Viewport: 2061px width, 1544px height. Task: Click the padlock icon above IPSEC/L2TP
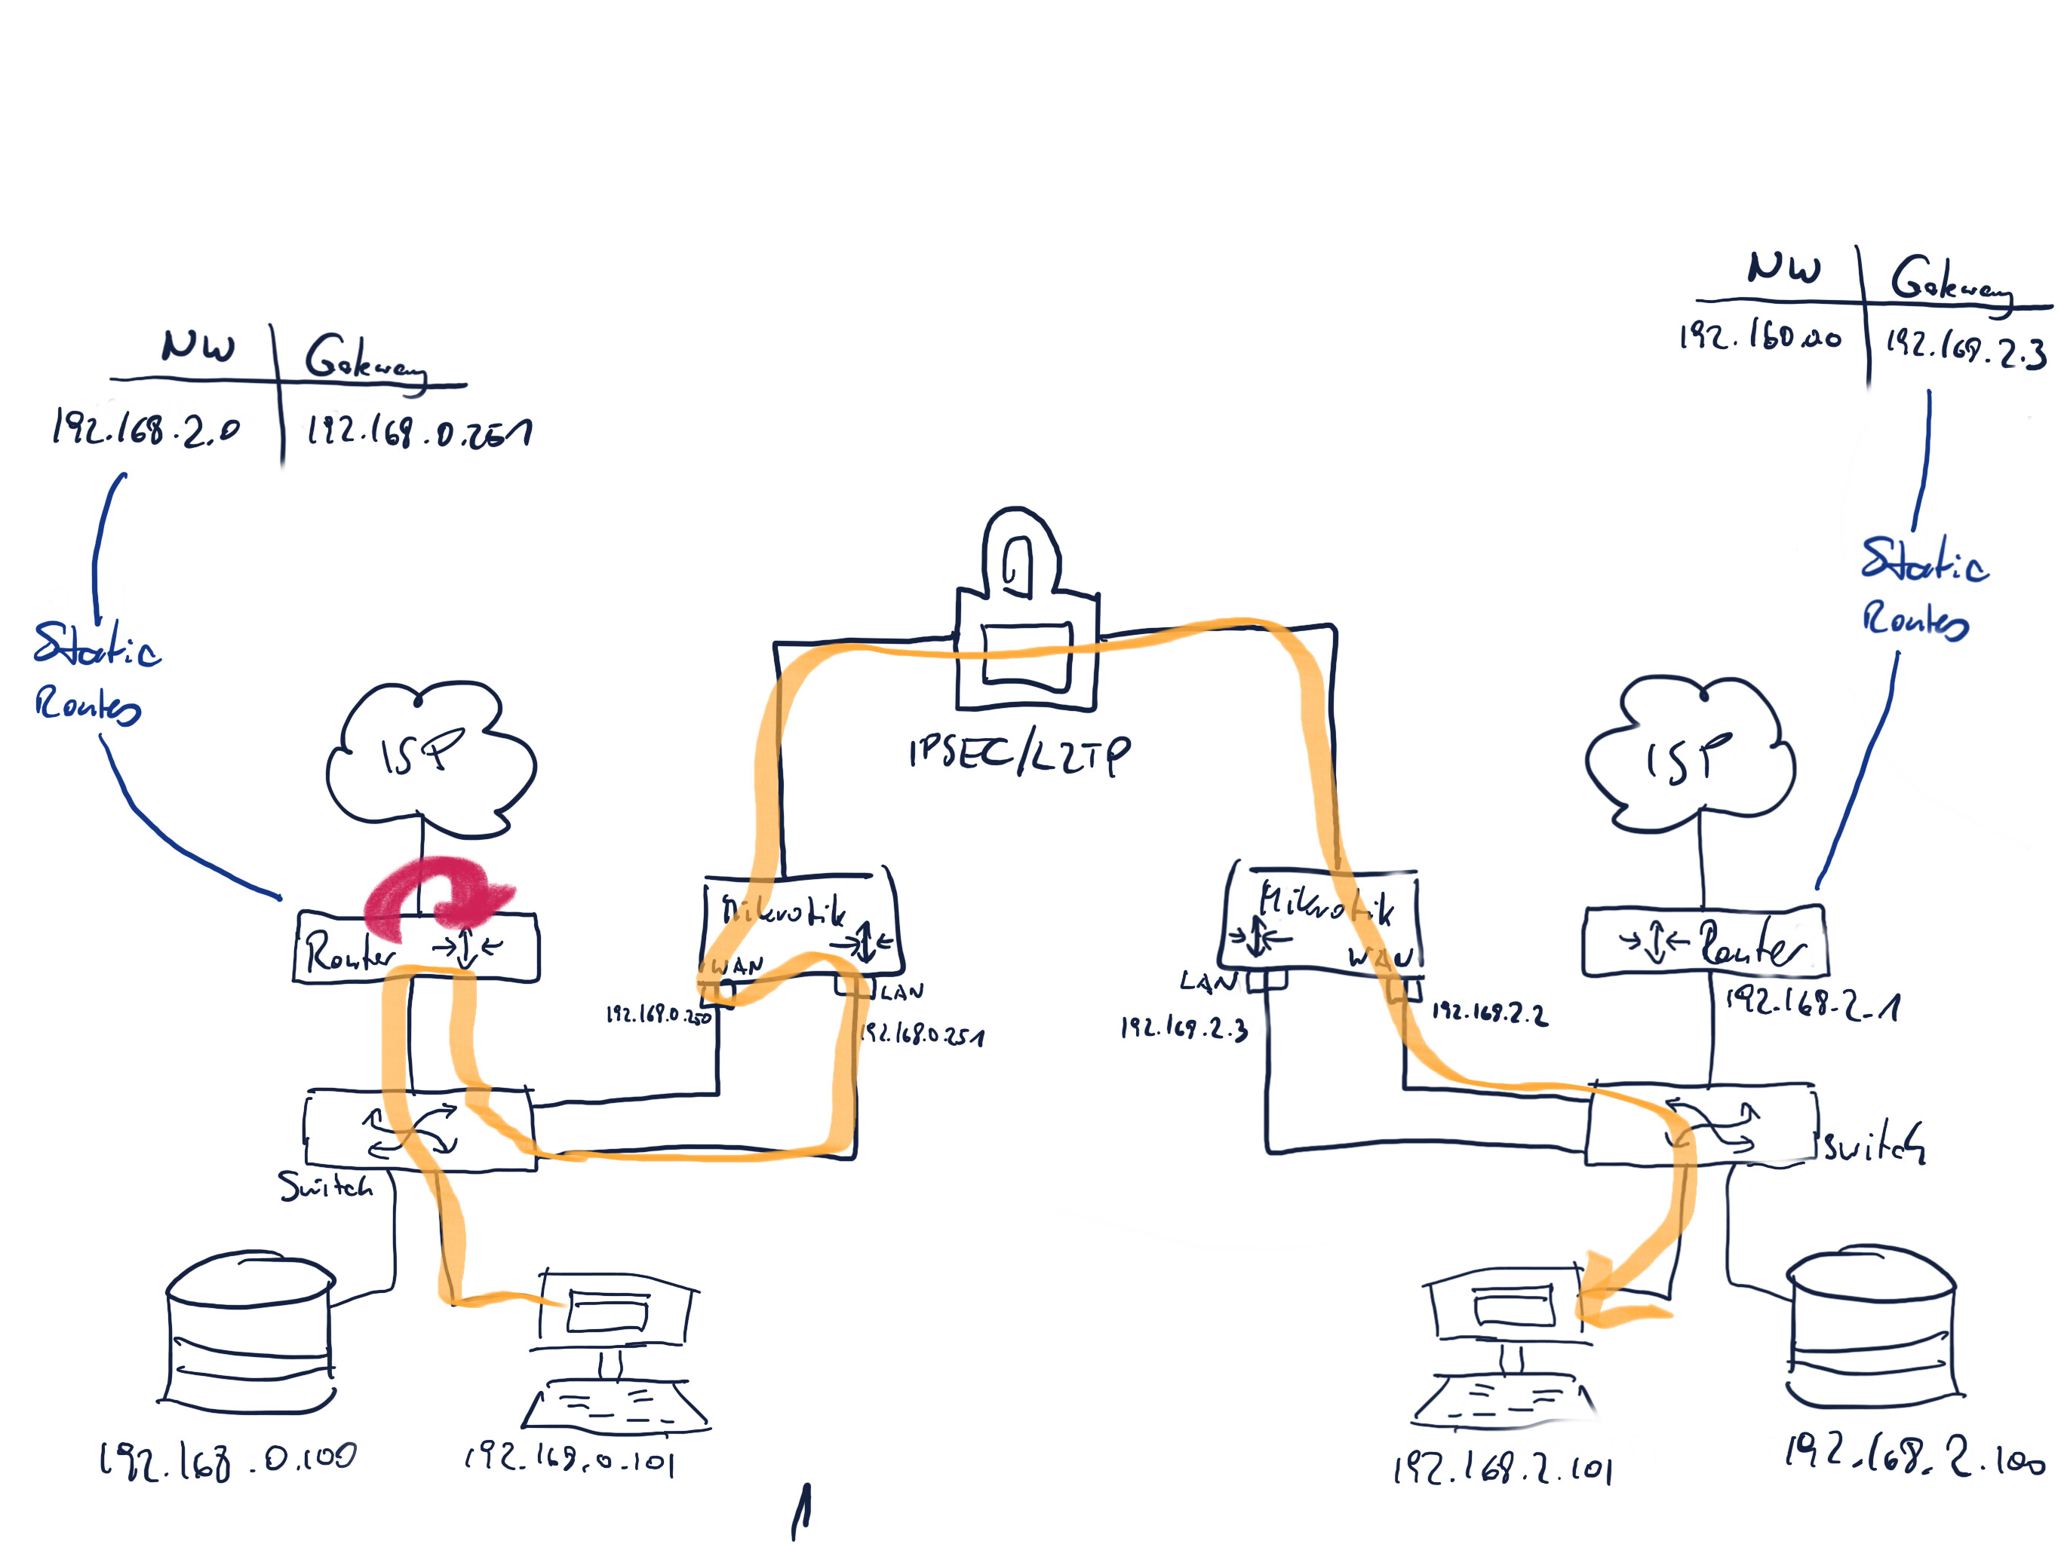1026,614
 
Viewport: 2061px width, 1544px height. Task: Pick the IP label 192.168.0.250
658,1014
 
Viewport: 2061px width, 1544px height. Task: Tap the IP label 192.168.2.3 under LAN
1184,1028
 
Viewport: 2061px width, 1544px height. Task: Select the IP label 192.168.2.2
1489,1013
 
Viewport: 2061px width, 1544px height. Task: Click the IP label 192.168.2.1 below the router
1812,1004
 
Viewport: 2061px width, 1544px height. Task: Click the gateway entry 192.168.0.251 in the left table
419,431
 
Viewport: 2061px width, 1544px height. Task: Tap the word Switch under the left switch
326,1187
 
